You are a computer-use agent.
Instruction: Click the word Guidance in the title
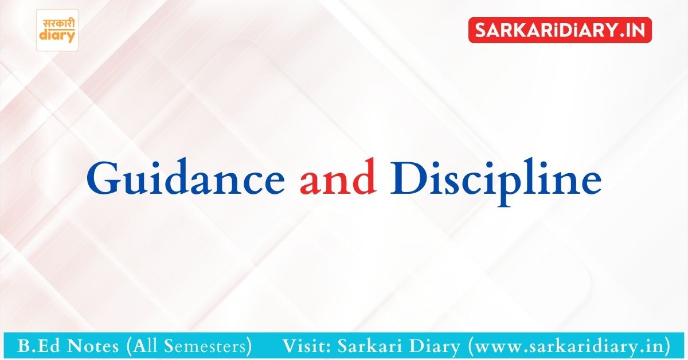186,177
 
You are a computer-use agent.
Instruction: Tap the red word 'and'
338,177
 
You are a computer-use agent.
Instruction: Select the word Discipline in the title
496,182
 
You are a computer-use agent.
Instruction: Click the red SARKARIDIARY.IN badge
560,30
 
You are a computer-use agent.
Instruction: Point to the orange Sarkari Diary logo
57,30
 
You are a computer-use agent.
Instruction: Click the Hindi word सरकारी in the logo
58,24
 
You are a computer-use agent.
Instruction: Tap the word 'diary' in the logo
57,36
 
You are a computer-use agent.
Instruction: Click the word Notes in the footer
93,346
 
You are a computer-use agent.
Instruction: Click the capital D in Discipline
409,178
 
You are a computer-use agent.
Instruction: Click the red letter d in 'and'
364,177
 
